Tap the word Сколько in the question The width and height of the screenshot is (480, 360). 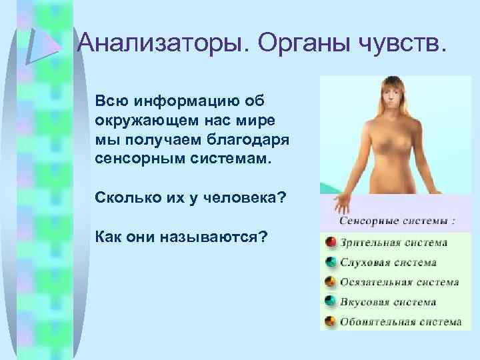(123, 199)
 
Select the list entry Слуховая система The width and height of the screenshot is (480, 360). (388, 263)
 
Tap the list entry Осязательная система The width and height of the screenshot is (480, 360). (399, 282)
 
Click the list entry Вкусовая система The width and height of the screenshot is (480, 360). (387, 302)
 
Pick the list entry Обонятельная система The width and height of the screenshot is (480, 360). (400, 322)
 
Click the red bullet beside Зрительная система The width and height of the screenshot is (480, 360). (329, 242)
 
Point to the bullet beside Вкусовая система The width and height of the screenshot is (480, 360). (329, 301)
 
